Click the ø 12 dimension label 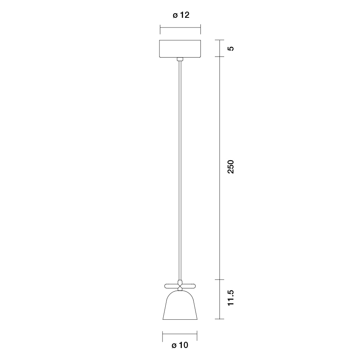click(181, 15)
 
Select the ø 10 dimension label click(180, 345)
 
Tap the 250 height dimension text click(230, 167)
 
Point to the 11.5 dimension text click(230, 298)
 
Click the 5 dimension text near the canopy click(231, 48)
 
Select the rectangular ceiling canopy click(180, 48)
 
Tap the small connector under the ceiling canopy click(180, 59)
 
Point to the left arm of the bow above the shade click(171, 286)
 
